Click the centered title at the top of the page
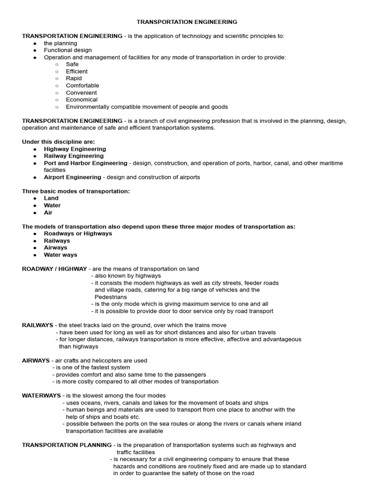187,22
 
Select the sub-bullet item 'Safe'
72,64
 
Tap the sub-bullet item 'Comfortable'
82,86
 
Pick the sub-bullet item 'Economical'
81,100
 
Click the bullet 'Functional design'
68,50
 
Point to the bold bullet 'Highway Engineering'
75,149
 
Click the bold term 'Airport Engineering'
73,177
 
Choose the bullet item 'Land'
51,198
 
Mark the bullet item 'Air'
48,212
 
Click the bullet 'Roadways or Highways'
78,233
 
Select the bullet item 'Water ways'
60,255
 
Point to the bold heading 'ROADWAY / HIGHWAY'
55,269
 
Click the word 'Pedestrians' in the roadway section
111,297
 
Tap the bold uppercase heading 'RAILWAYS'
38,325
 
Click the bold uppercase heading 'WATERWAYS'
41,396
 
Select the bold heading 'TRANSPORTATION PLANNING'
67,445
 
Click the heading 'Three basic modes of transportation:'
76,191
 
